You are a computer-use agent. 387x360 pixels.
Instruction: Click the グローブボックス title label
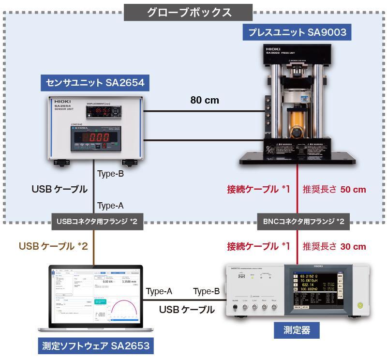pyautogui.click(x=188, y=12)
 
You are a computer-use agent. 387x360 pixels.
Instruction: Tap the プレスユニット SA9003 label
pyautogui.click(x=297, y=33)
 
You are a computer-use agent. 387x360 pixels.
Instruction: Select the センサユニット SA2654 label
pyautogui.click(x=95, y=83)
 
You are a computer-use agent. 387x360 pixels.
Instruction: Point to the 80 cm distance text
pyautogui.click(x=205, y=101)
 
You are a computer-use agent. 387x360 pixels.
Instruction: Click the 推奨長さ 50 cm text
pyautogui.click(x=334, y=189)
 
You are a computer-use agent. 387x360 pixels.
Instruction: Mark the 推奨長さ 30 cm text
pyautogui.click(x=334, y=246)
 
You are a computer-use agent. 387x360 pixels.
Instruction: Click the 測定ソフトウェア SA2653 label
pyautogui.click(x=95, y=346)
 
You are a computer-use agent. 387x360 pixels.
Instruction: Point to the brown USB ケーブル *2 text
pyautogui.click(x=53, y=246)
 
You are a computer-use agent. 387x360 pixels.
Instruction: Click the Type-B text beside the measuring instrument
pyautogui.click(x=207, y=291)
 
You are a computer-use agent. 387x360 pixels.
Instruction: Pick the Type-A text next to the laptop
pyautogui.click(x=159, y=291)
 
